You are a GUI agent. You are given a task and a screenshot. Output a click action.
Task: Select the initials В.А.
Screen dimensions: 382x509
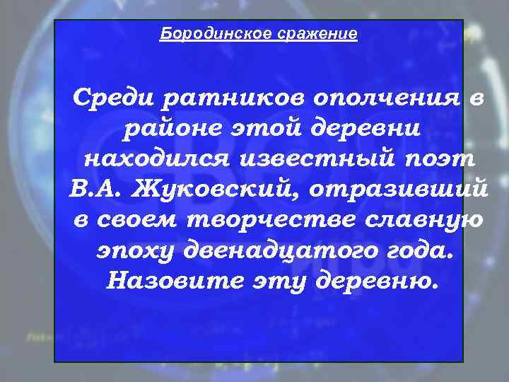[98, 190]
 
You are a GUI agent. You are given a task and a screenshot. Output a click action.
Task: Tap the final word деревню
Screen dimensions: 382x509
[374, 281]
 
